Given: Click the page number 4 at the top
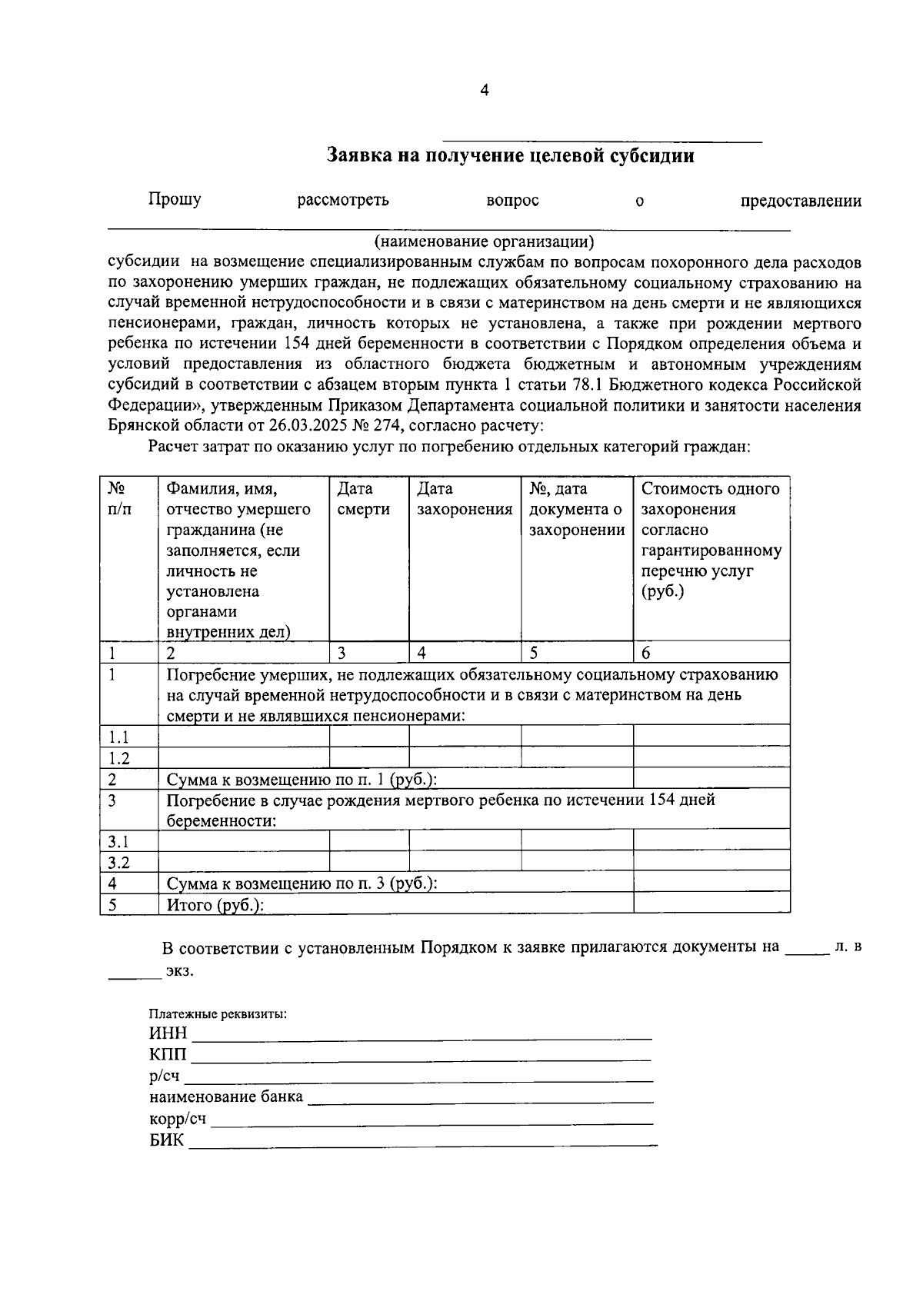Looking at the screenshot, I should [x=484, y=91].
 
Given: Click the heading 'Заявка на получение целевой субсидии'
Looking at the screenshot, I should [x=511, y=156].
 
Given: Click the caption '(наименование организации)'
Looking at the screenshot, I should [x=485, y=241].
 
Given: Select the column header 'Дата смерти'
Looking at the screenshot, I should [x=363, y=499].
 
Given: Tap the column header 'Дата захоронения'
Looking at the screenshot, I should [x=464, y=499].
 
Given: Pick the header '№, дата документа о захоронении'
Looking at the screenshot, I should [x=576, y=509].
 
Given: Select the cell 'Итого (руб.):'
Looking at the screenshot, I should [x=215, y=905].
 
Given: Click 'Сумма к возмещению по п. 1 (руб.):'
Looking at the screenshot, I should [x=302, y=780].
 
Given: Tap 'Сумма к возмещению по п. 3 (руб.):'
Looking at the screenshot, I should [x=302, y=883].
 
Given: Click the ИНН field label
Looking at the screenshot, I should [x=168, y=1033].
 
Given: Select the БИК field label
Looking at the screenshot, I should [x=167, y=1140].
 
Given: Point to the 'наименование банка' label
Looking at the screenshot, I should [x=226, y=1097].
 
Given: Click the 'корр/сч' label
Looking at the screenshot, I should [x=178, y=1119].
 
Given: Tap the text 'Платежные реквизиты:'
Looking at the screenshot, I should [x=218, y=1014].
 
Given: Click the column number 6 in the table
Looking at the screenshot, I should [x=646, y=654].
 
